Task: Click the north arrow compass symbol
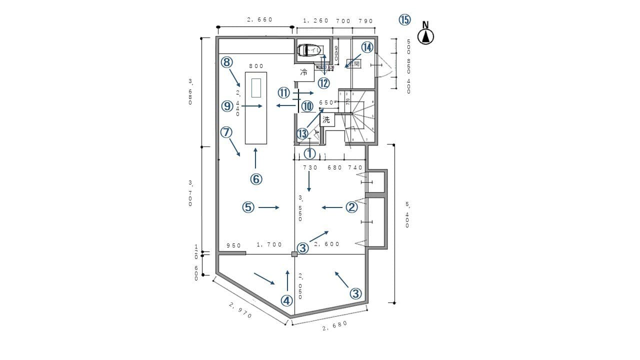pos(425,36)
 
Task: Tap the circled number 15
pos(404,19)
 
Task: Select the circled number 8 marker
pos(227,62)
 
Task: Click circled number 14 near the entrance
pos(367,47)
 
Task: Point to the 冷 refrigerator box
pos(303,72)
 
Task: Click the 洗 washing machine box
pos(326,119)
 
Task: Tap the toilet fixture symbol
pos(307,50)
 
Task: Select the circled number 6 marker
pos(256,178)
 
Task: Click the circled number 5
pos(248,207)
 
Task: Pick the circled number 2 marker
pos(352,207)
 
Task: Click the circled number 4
pos(286,300)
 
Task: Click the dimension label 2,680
pos(334,326)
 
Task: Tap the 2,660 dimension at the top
pos(259,20)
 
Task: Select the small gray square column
pos(294,254)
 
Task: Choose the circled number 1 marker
pos(310,153)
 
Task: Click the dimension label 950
pos(233,245)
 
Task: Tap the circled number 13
pos(302,134)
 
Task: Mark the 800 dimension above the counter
pos(256,66)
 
